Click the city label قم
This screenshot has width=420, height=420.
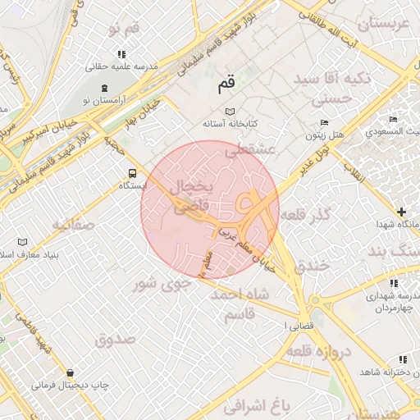coord(226,83)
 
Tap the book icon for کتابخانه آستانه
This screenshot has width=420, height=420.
coord(229,111)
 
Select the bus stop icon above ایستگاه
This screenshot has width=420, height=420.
coord(132,173)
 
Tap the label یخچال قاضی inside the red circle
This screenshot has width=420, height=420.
coord(189,198)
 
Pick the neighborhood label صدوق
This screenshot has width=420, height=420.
coord(114,338)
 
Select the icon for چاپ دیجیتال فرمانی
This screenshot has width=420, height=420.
coord(69,373)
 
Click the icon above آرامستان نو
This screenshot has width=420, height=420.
coord(104,88)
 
